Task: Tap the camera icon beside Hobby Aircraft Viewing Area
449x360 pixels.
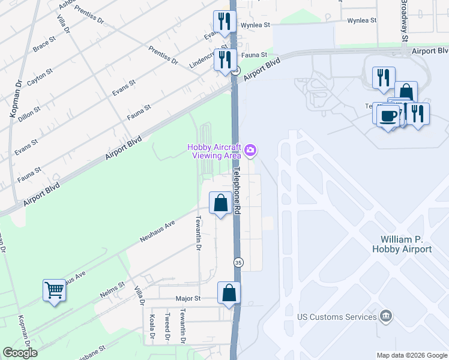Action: tap(251, 150)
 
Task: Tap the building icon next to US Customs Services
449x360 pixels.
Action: tap(387, 316)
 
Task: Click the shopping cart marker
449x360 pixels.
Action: tap(54, 291)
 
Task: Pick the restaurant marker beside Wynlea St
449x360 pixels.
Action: tap(224, 22)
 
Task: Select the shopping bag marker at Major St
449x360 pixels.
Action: tap(229, 293)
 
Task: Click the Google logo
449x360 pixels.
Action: tap(20, 353)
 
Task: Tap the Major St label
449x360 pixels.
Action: tap(187, 298)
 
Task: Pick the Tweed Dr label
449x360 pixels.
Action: tap(167, 326)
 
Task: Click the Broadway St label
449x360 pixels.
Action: tap(405, 21)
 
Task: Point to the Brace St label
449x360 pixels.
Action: tap(45, 43)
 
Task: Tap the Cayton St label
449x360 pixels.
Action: tap(37, 77)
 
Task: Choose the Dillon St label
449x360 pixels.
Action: tap(29, 111)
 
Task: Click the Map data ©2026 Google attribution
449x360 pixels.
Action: tap(412, 355)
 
